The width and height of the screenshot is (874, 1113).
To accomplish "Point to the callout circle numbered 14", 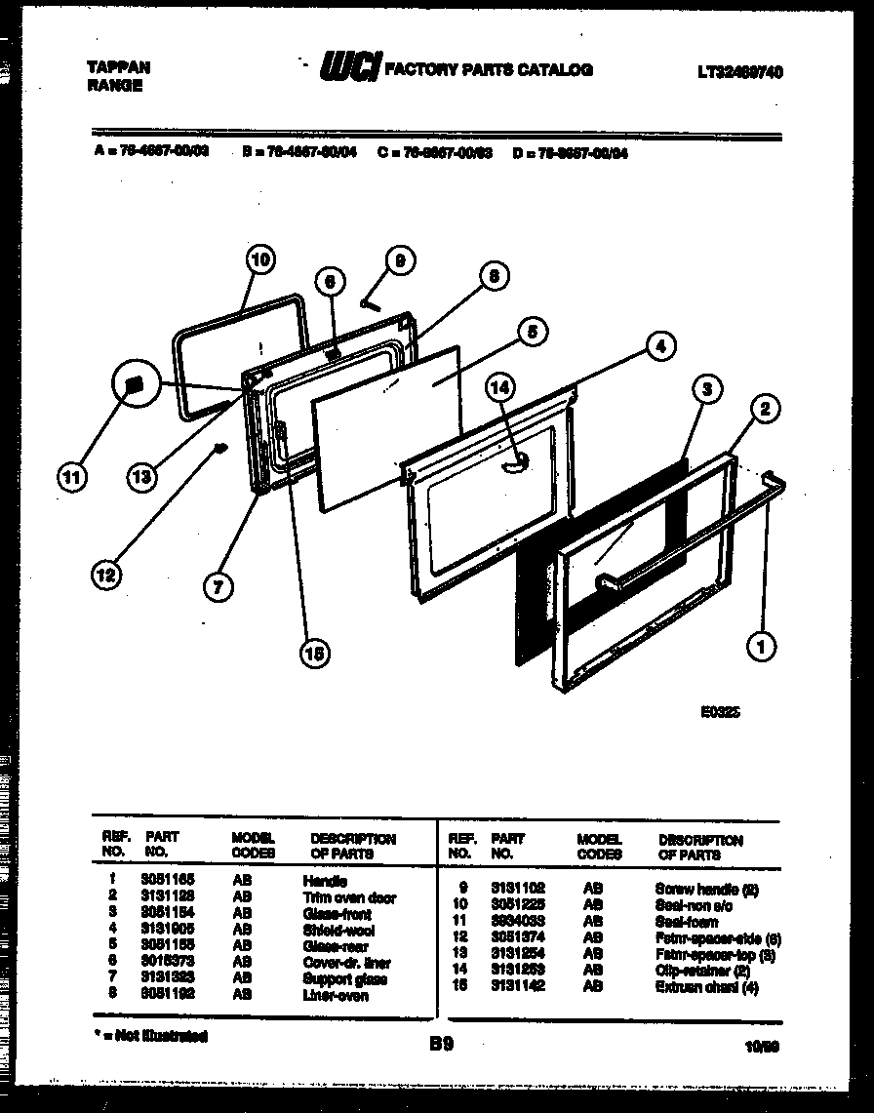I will [x=500, y=385].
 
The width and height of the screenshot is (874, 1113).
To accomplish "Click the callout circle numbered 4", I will [x=659, y=345].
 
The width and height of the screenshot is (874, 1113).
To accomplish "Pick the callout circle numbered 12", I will [x=106, y=576].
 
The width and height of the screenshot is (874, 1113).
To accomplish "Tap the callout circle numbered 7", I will [x=218, y=586].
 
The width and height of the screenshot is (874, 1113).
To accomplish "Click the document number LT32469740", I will [x=740, y=72].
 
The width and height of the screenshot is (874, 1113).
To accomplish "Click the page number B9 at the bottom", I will [x=440, y=1044].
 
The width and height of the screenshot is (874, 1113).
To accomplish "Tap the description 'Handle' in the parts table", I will [x=325, y=882].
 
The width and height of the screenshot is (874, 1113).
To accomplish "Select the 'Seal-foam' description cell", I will [x=687, y=922].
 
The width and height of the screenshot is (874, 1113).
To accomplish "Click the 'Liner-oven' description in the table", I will [x=336, y=996].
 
